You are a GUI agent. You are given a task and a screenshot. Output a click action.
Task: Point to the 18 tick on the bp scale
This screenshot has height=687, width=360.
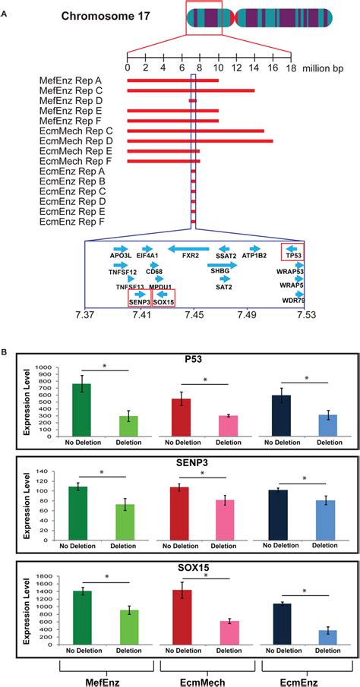(289, 68)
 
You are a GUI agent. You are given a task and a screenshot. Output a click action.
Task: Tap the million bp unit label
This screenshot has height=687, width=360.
(327, 68)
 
